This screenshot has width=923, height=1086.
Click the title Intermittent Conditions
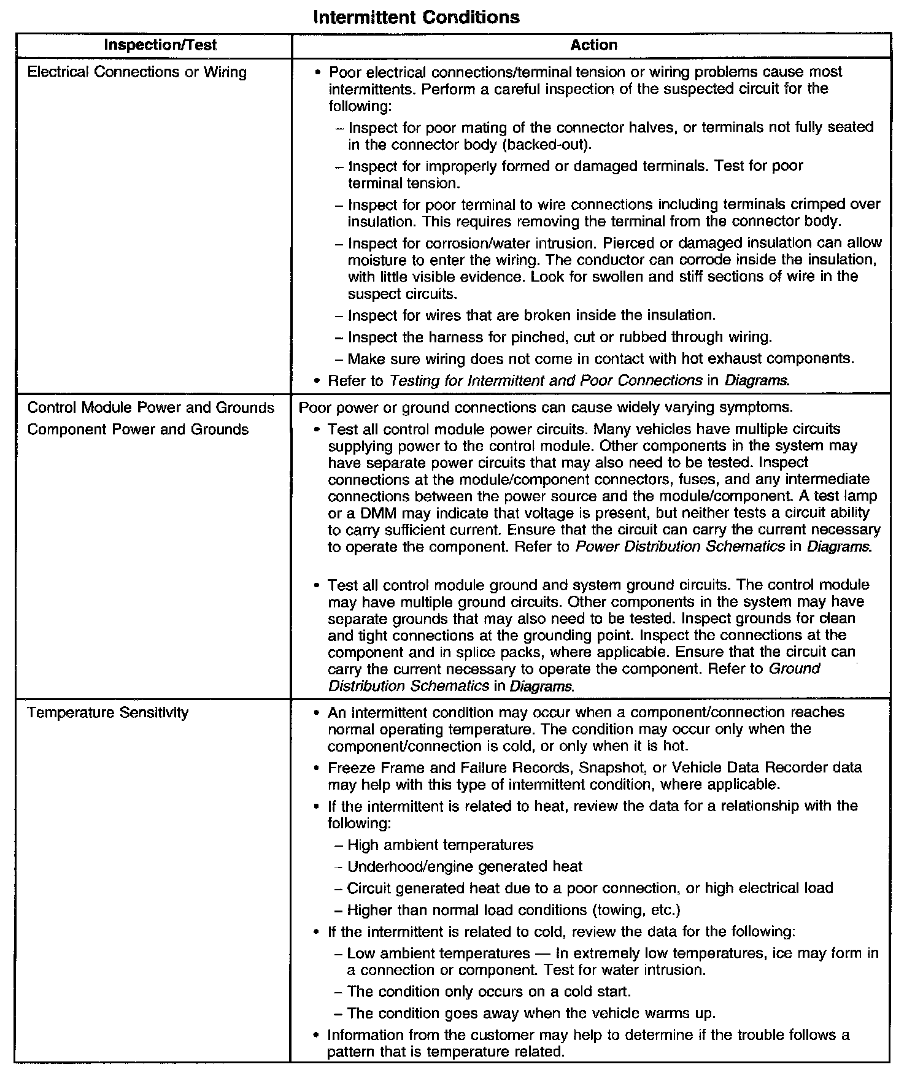pyautogui.click(x=416, y=17)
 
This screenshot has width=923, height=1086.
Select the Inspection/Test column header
pyautogui.click(x=160, y=45)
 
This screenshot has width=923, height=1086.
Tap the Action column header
pyautogui.click(x=593, y=45)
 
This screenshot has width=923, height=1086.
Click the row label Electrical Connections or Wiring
pyautogui.click(x=137, y=72)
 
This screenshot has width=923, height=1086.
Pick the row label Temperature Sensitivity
pyautogui.click(x=108, y=712)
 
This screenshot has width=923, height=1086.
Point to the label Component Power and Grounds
pyautogui.click(x=138, y=429)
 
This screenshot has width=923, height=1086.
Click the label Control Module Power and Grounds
pyautogui.click(x=151, y=408)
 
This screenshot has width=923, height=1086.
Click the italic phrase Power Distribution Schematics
pyautogui.click(x=680, y=546)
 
